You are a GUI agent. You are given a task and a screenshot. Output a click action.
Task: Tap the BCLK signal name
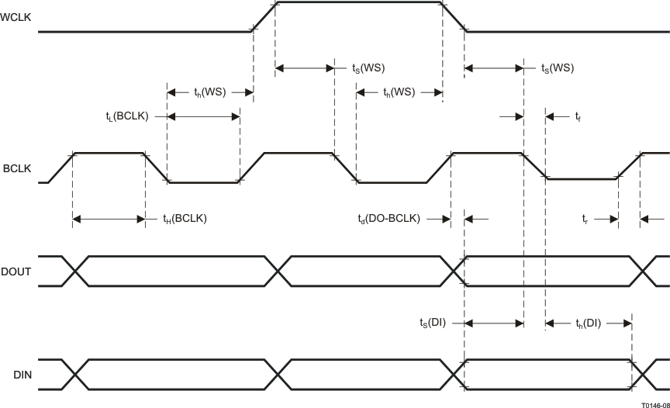pos(16,168)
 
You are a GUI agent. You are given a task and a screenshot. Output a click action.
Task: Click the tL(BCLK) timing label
pos(126,116)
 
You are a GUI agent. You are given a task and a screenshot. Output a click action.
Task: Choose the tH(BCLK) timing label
pos(185,220)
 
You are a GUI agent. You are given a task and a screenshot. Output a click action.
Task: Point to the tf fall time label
pos(578,117)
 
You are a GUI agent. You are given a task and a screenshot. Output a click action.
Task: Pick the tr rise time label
pos(587,220)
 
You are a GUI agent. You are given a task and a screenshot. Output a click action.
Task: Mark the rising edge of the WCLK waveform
pos(264,16)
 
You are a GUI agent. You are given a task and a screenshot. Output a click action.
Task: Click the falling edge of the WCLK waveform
pos(454,16)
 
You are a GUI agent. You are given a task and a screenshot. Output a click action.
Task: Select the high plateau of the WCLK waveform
pos(359,2)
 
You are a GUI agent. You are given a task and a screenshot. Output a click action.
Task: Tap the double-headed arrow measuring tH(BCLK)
pos(109,220)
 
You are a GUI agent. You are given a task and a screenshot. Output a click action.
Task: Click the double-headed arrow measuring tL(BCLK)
pos(203,116)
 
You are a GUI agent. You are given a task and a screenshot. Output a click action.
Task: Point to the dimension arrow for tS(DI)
pos(494,323)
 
